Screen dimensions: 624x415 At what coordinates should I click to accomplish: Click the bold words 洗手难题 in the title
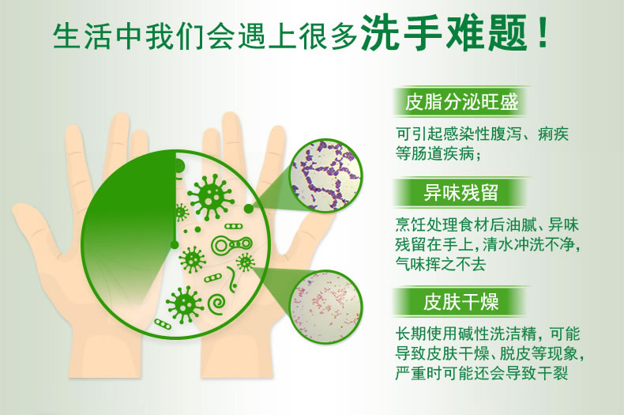(444, 33)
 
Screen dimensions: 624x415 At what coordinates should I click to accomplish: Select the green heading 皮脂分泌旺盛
(461, 101)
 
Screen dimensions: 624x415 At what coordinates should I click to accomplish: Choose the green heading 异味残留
(460, 193)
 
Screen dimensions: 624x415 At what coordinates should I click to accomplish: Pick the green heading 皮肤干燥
(460, 301)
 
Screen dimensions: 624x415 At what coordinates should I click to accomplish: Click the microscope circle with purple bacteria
(326, 175)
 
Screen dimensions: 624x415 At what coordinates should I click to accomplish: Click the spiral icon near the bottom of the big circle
(217, 304)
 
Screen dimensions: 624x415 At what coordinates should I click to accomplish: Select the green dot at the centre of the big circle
(174, 244)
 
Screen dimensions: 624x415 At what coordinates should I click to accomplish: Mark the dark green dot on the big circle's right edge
(248, 208)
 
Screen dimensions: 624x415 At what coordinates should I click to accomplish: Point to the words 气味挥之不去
(441, 263)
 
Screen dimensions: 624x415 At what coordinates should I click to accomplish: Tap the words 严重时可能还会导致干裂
(482, 373)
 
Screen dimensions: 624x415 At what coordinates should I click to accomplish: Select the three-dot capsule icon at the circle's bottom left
(163, 324)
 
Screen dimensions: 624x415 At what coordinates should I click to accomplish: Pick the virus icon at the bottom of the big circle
(184, 305)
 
